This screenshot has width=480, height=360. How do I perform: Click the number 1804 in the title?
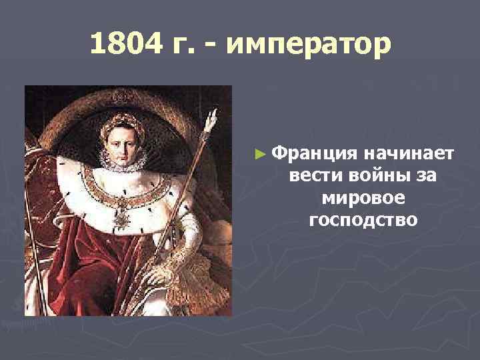click(x=123, y=45)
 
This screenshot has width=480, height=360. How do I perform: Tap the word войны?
click(x=369, y=176)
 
